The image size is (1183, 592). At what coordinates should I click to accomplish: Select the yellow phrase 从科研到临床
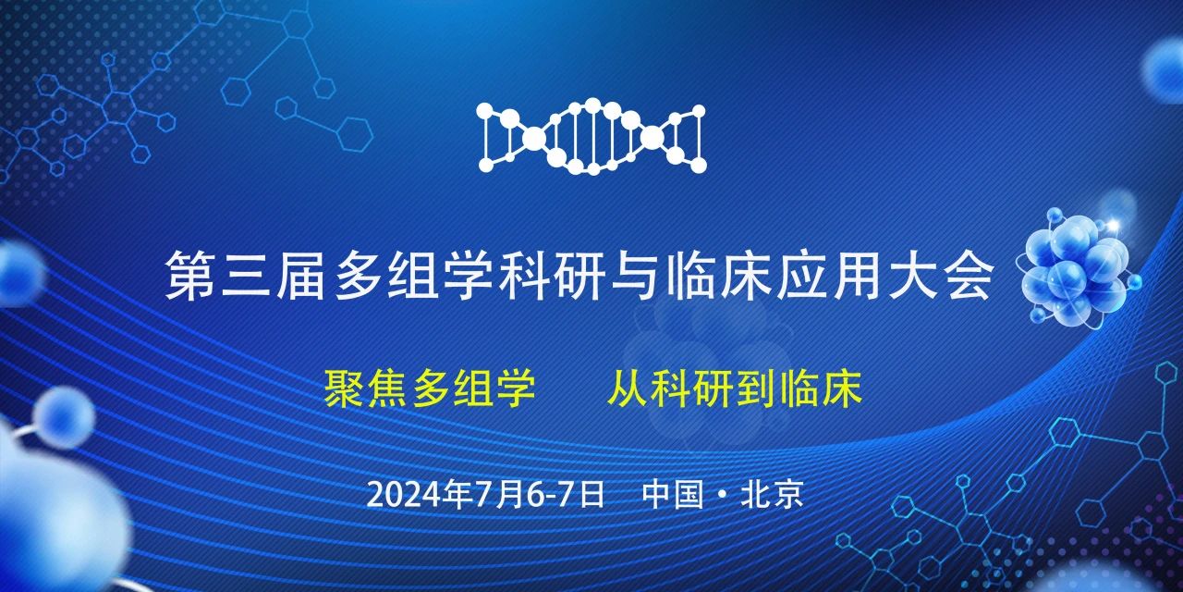click(734, 389)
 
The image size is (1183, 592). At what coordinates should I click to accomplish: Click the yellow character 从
click(626, 389)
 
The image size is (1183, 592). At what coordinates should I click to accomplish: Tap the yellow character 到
click(755, 389)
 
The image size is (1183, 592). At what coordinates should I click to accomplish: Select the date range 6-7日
click(565, 494)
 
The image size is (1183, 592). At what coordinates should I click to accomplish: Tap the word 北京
click(773, 494)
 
